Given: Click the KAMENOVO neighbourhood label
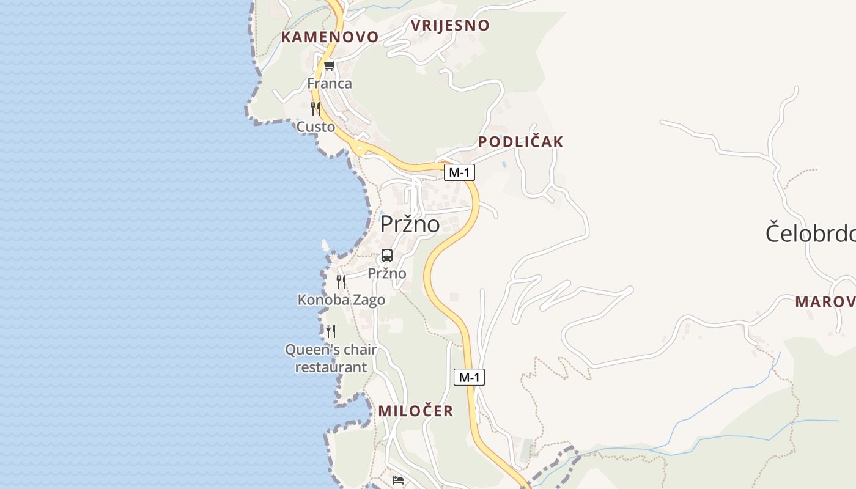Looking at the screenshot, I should click(x=330, y=37).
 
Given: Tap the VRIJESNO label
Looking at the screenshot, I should click(x=450, y=25).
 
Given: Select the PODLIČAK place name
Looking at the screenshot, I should click(x=520, y=142).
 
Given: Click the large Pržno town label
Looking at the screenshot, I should click(x=410, y=224).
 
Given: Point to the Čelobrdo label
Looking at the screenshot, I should click(x=810, y=233).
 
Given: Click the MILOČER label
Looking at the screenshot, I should click(x=416, y=411).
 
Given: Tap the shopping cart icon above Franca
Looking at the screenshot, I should click(x=330, y=66).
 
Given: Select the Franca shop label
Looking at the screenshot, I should click(x=330, y=83).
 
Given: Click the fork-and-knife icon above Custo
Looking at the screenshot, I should click(x=315, y=109).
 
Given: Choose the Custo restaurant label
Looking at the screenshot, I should click(x=315, y=127).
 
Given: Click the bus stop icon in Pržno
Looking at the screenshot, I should click(x=387, y=256).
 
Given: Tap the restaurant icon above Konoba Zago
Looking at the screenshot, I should click(x=341, y=281).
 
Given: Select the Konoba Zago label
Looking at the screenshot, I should click(x=341, y=300).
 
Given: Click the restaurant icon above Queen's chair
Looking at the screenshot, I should click(x=330, y=331).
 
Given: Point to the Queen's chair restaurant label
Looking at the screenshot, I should click(x=331, y=358).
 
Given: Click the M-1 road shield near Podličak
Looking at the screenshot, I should click(x=459, y=172).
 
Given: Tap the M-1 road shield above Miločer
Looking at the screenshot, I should click(x=469, y=377).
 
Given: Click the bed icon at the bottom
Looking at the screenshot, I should click(x=398, y=480).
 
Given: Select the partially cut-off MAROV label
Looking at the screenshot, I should click(x=825, y=301).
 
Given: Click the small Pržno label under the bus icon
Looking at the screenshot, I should click(x=387, y=273).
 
